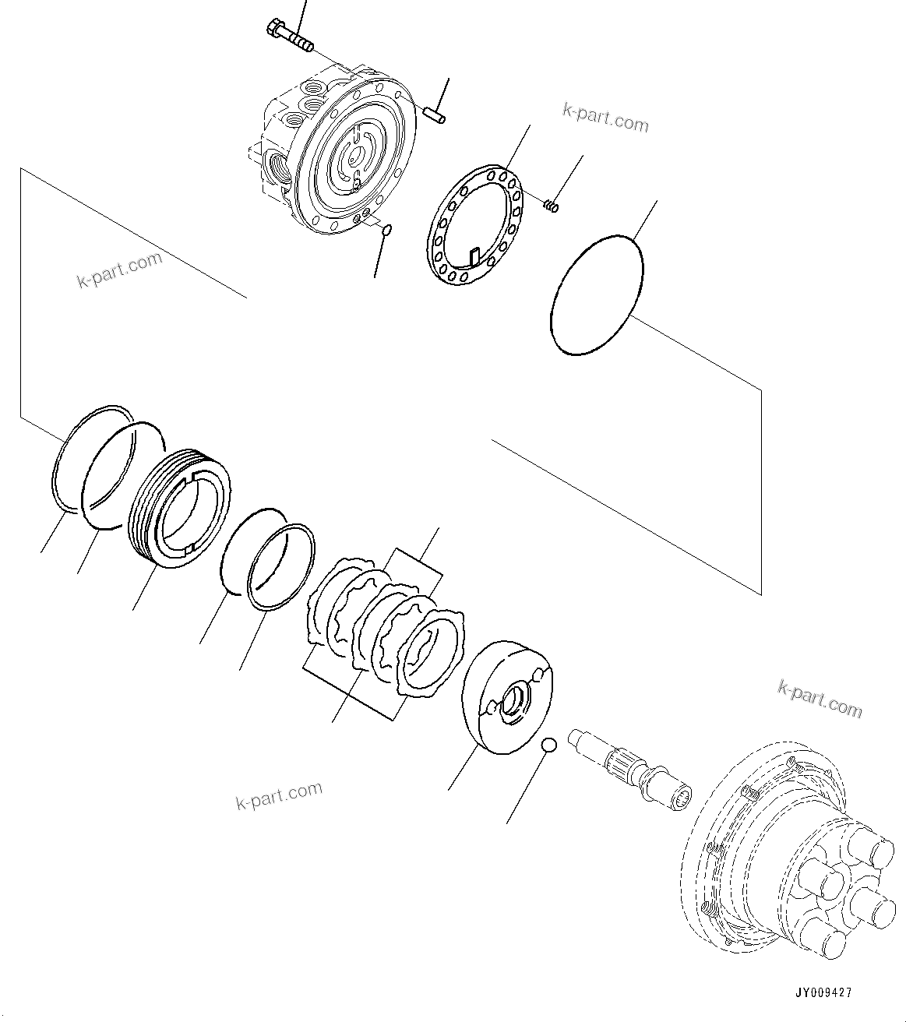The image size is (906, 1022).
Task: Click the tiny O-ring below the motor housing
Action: (x=386, y=229)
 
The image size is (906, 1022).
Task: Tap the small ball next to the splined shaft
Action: (x=548, y=745)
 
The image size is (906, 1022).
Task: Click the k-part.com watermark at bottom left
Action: (x=279, y=795)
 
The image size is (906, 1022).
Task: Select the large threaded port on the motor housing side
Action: (x=277, y=165)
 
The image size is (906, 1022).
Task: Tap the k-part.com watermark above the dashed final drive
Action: (x=820, y=698)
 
